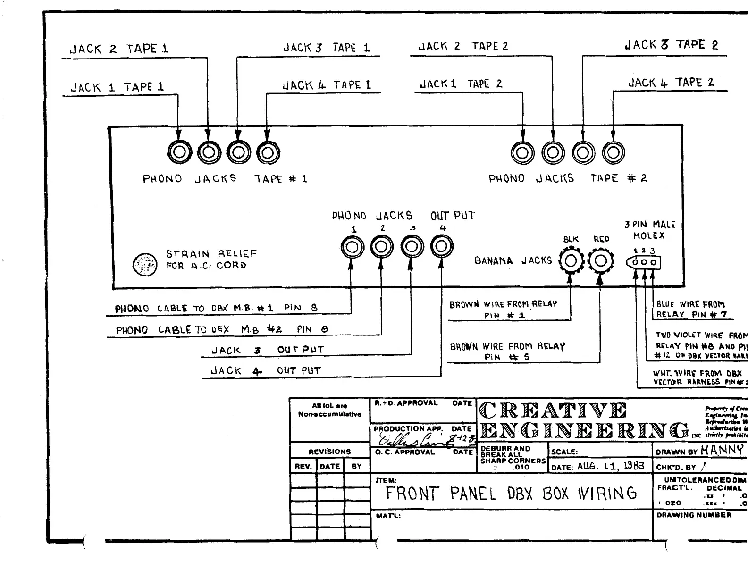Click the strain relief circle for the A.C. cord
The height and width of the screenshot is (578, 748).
(144, 265)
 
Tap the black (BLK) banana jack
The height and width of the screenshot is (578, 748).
(571, 261)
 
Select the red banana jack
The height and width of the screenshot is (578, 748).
(600, 261)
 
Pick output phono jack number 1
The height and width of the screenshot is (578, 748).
(352, 246)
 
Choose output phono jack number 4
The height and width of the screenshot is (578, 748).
(442, 246)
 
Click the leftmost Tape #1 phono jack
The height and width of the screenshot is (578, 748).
(179, 152)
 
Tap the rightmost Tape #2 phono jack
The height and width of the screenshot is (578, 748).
(614, 152)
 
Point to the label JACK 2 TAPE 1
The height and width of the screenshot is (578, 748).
(119, 49)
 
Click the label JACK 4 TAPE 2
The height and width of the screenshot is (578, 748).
(671, 83)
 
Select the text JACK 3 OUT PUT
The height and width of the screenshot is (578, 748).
(267, 350)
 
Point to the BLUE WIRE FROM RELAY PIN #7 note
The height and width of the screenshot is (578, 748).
(691, 310)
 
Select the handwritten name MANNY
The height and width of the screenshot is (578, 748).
(722, 450)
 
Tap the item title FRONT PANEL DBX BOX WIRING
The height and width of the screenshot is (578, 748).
(511, 494)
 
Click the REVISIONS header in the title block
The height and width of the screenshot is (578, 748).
(329, 452)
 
